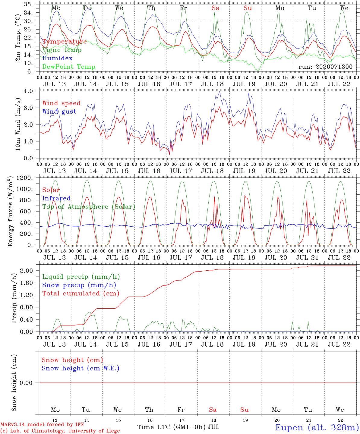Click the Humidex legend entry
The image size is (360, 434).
(57, 58)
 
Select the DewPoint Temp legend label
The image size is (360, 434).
(69, 67)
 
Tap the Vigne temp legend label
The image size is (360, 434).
(62, 50)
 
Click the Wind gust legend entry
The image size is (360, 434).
(59, 112)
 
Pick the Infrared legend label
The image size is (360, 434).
(56, 198)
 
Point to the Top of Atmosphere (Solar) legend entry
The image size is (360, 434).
(89, 207)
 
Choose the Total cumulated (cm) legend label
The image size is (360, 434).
(81, 293)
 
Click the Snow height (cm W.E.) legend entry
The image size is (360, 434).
(81, 368)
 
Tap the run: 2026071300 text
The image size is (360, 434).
(325, 67)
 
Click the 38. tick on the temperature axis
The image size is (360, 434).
(28, 4)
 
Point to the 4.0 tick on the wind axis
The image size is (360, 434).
(28, 91)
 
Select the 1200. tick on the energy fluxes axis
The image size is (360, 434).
(24, 178)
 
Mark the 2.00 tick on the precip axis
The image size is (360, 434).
(27, 271)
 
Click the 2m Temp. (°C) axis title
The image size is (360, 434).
(18, 38)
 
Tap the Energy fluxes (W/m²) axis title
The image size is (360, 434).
(10, 211)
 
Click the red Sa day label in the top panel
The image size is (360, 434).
(215, 8)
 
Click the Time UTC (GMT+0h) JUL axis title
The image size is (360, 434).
(178, 427)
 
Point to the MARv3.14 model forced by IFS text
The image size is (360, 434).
(42, 424)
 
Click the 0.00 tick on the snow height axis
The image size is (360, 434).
(27, 383)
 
